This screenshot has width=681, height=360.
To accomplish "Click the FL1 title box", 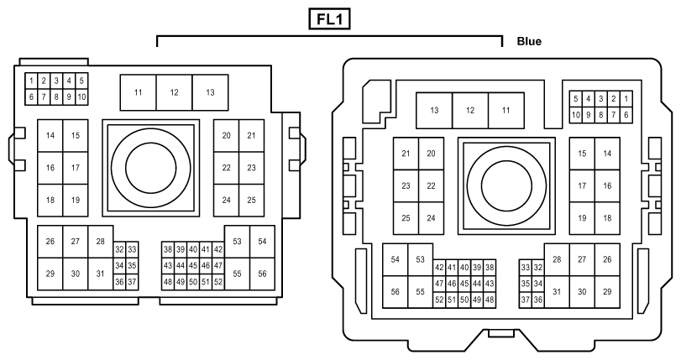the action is tap(329, 19).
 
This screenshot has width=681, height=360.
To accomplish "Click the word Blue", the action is tap(529, 41).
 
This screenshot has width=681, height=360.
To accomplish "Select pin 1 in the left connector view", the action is tap(31, 81).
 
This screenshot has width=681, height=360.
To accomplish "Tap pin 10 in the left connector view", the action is tap(81, 97).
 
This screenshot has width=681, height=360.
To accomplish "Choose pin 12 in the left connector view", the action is tap(174, 92).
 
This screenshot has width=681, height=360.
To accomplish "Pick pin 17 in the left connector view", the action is tap(76, 168).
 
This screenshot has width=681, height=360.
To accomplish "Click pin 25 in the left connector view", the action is tap(251, 201).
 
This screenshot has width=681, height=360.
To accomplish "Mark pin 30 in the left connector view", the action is tap(76, 274).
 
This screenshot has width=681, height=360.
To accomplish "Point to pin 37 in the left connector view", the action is tap(132, 282).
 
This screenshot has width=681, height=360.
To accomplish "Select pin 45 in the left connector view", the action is tap(193, 266).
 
